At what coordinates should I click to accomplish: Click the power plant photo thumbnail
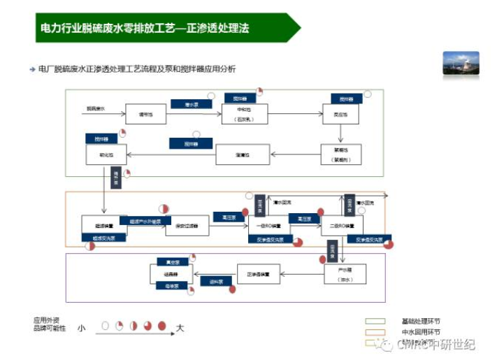(461, 63)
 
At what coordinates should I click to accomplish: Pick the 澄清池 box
(242, 154)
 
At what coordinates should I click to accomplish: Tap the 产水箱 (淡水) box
(344, 273)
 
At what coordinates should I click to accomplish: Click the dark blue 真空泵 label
(168, 262)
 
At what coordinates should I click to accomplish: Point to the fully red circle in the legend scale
(162, 326)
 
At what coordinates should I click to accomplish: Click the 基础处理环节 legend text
(421, 321)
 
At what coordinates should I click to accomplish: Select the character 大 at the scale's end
(180, 327)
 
